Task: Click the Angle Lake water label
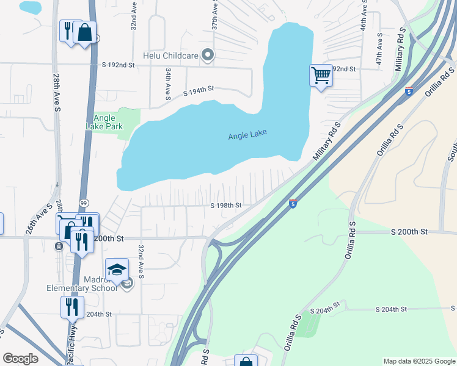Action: (247, 135)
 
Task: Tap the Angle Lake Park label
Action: (109, 122)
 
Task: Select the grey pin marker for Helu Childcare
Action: (208, 56)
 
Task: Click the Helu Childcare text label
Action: (170, 56)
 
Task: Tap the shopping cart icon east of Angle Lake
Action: (321, 76)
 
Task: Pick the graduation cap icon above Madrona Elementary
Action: (117, 270)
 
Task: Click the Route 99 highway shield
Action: (83, 203)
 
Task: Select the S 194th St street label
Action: (199, 91)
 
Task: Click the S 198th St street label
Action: (226, 206)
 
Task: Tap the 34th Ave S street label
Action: (167, 84)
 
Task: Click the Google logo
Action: (20, 359)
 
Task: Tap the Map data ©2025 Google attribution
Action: (419, 361)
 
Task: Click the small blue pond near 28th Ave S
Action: (31, 7)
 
